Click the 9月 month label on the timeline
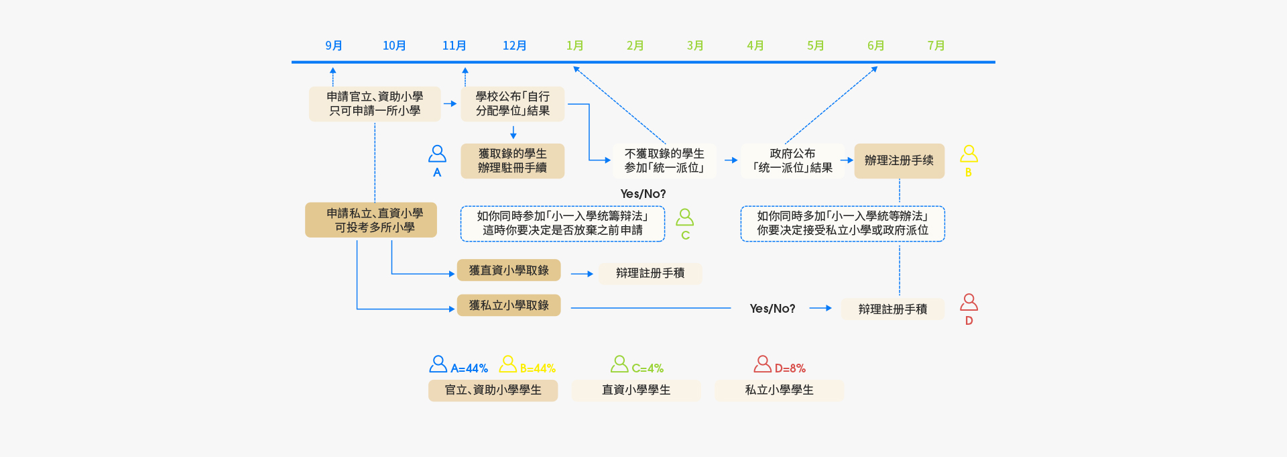coord(334,46)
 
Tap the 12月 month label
coord(514,46)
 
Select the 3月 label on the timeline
coord(695,46)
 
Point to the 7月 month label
coord(936,46)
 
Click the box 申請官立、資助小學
coord(375,104)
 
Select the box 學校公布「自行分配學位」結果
coord(513,104)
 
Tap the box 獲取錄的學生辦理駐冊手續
coord(513,161)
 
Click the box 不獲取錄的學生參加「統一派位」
coord(664,161)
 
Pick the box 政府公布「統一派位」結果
coord(792,161)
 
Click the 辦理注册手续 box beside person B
coord(899,161)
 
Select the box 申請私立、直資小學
coord(371,220)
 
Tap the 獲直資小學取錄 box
coord(509,270)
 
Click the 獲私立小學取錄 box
coord(509,305)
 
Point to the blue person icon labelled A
coord(437,154)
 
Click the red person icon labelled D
coord(969,303)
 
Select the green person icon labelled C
coord(684,217)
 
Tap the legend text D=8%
coord(790,368)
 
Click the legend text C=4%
coord(647,368)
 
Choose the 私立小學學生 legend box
coord(779,390)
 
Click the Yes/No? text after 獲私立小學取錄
coord(772,309)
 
